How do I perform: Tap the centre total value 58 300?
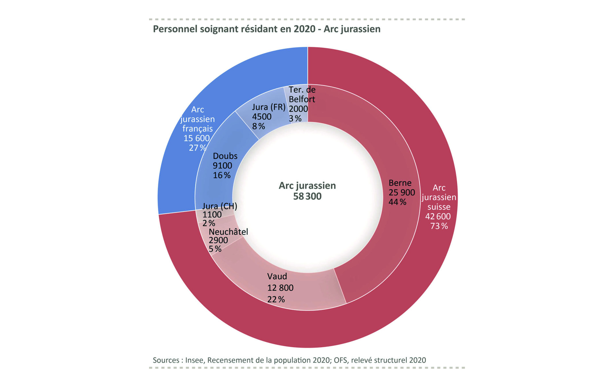(x=307, y=196)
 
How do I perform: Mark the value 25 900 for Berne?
(x=402, y=192)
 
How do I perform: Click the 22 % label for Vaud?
(x=276, y=299)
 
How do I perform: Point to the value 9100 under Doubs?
(x=222, y=166)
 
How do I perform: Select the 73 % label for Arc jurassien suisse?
(x=439, y=226)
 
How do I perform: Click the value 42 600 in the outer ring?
(x=438, y=217)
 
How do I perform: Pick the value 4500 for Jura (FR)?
(x=262, y=116)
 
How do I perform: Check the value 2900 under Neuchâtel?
(x=218, y=240)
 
